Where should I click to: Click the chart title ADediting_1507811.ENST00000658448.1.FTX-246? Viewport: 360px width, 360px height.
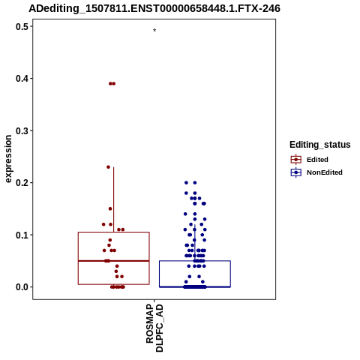click(x=154, y=8)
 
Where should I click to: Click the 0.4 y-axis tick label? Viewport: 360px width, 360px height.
click(x=21, y=79)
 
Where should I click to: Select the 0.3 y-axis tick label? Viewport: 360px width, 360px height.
click(x=21, y=130)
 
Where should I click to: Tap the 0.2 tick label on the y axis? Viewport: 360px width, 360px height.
click(x=21, y=183)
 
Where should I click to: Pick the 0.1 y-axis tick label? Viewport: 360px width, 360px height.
click(x=21, y=235)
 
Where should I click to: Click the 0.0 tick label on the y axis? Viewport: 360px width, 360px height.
click(x=21, y=287)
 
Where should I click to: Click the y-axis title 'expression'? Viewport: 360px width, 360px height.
click(x=8, y=159)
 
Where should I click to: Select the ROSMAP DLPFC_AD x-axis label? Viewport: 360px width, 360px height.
click(x=154, y=328)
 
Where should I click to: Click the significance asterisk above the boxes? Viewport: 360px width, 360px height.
click(x=154, y=30)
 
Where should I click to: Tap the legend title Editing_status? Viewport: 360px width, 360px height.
click(x=319, y=145)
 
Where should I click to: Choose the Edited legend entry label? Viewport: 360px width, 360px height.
click(x=317, y=160)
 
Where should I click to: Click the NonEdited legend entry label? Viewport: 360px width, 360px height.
click(x=325, y=172)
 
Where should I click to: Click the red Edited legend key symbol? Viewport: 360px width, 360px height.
click(x=296, y=160)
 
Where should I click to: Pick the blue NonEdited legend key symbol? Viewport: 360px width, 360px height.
click(x=296, y=172)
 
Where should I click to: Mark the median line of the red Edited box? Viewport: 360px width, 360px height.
click(x=114, y=261)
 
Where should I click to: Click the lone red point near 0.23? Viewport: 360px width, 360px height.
click(x=108, y=167)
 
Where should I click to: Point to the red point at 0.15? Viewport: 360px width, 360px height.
click(x=110, y=208)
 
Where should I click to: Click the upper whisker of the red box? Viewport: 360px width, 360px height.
click(x=114, y=199)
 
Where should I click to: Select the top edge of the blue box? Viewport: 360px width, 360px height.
click(x=195, y=261)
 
